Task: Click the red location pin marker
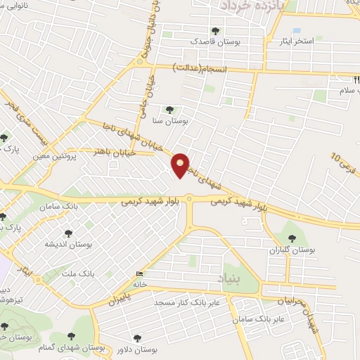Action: coord(181,165)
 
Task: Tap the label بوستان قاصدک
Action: coord(214,41)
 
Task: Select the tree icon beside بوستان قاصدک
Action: coord(215,31)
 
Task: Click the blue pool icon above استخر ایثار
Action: coord(296,31)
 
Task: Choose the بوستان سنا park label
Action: coord(169,120)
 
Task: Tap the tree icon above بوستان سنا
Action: coord(169,110)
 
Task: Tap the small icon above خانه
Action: coord(139,274)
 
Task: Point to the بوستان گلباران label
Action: coord(293,250)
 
